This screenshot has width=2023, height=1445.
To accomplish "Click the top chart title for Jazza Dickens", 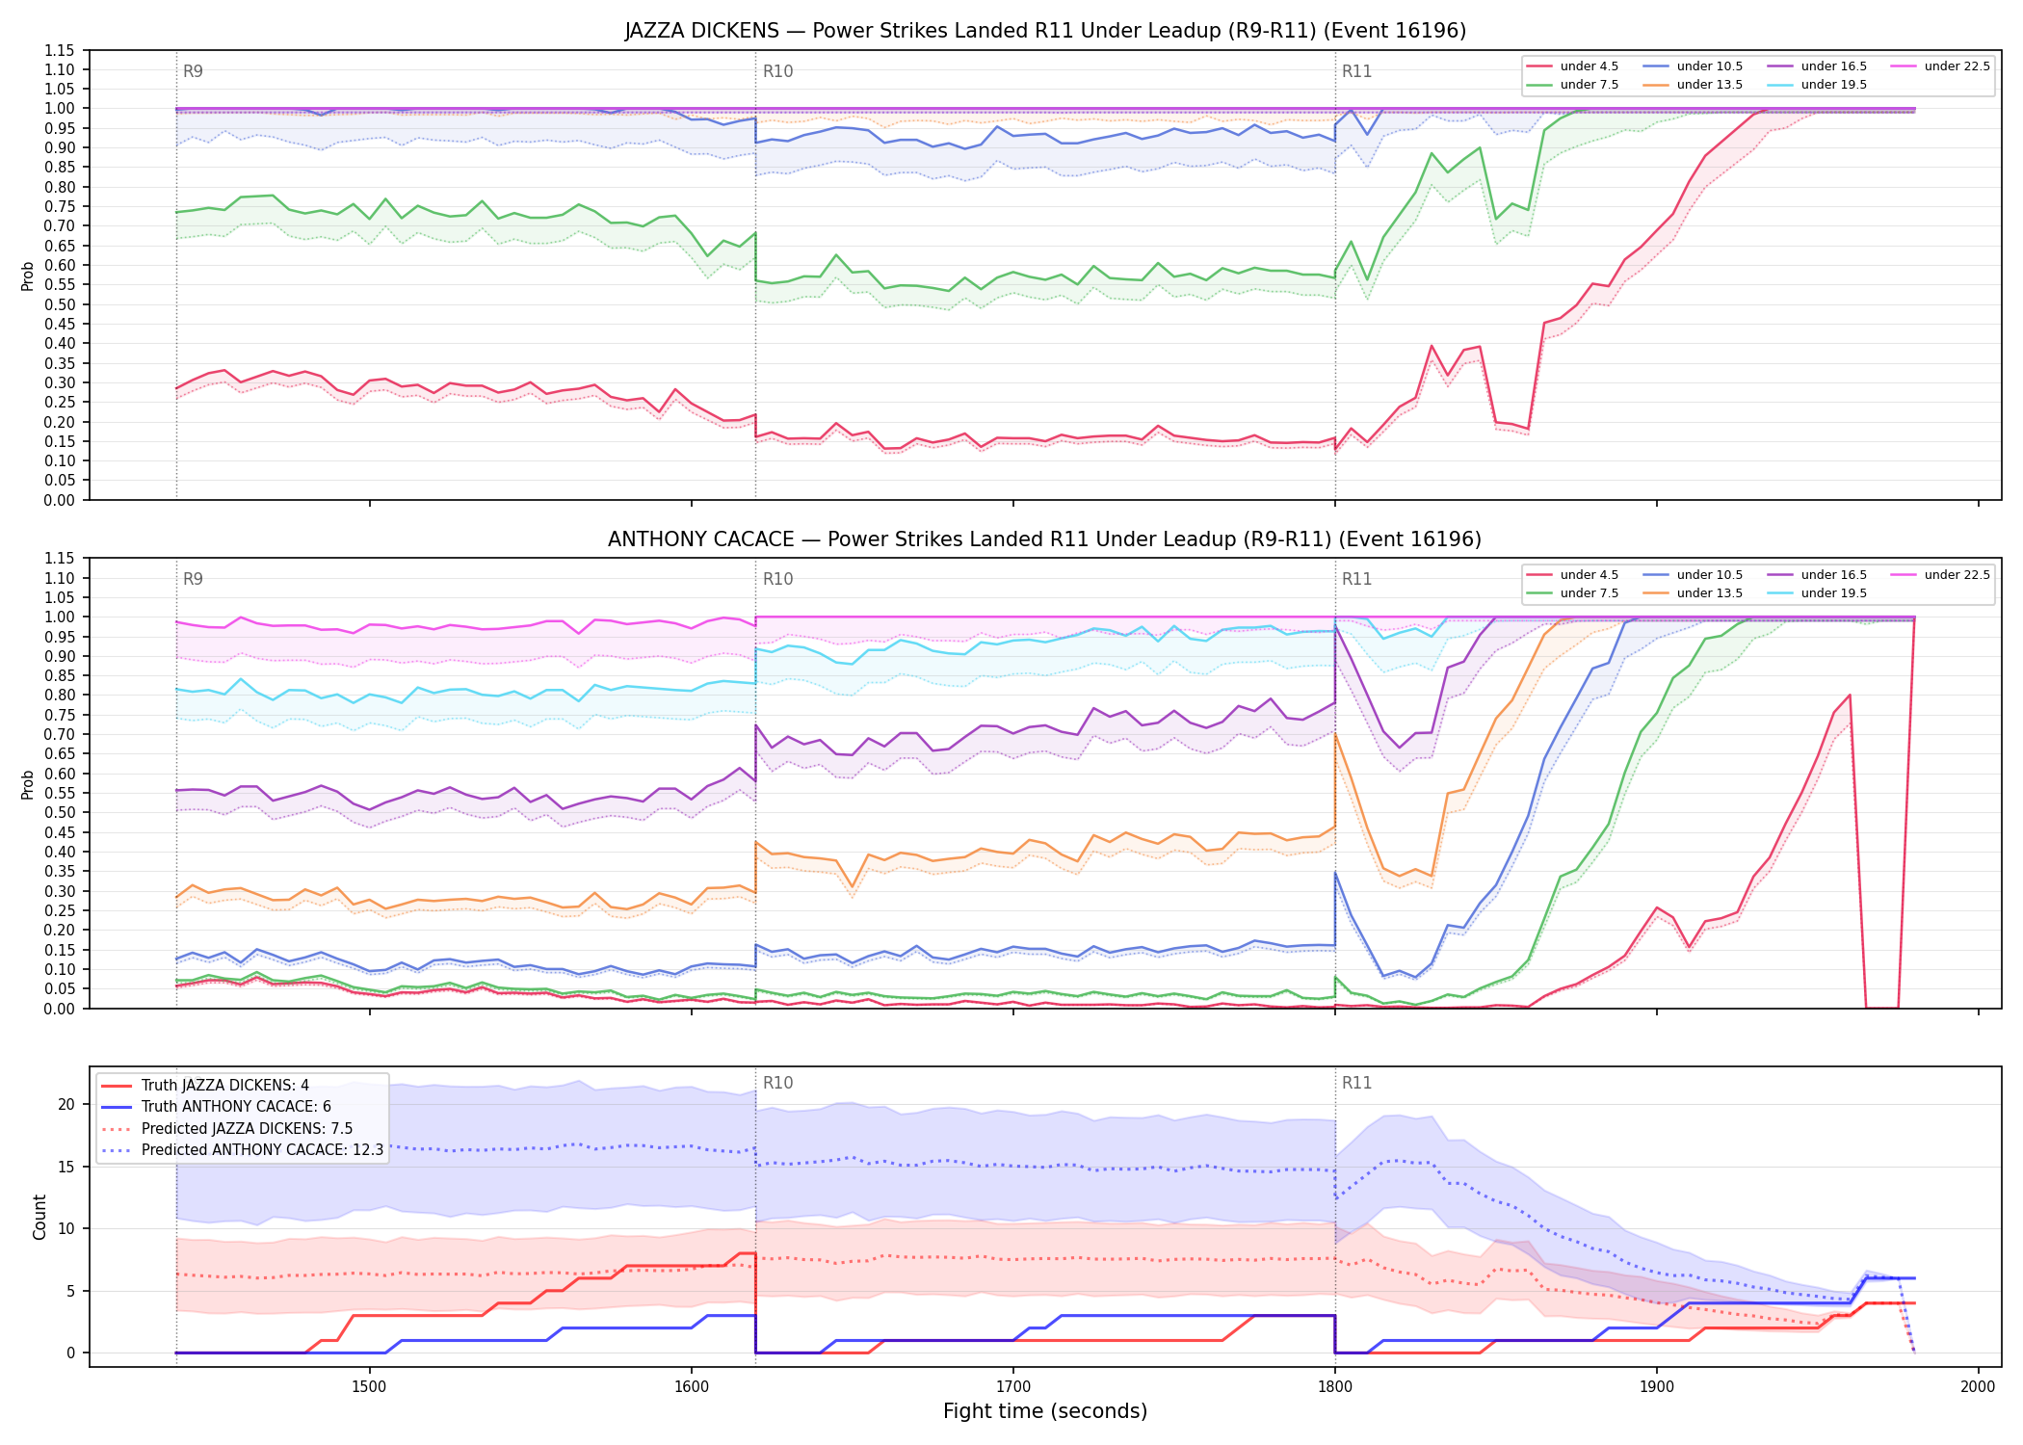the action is tap(1045, 31).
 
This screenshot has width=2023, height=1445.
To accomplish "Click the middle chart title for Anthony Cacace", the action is tap(1045, 539).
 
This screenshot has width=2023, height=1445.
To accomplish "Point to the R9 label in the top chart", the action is tap(193, 71).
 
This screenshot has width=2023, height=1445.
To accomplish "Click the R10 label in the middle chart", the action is tap(777, 579).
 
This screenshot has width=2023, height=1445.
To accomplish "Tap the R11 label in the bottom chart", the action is tap(1356, 1083).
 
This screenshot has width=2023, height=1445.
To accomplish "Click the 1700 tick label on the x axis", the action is tap(1012, 1386).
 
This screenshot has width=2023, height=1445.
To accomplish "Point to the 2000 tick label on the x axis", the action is tap(1978, 1386).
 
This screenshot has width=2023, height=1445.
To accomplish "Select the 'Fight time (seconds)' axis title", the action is tap(1045, 1411).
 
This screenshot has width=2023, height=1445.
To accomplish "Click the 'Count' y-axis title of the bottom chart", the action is tap(39, 1217).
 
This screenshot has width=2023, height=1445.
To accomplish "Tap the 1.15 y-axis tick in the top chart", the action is tap(60, 50).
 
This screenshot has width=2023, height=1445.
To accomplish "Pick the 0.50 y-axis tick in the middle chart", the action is tap(60, 812).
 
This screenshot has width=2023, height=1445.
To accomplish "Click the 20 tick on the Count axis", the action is tap(66, 1104).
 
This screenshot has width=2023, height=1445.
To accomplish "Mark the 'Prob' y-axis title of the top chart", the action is tap(28, 276).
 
